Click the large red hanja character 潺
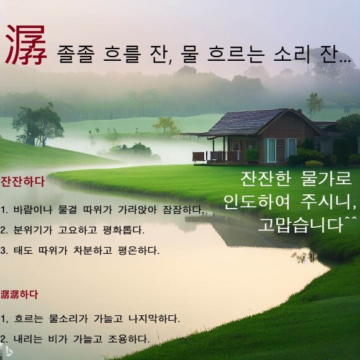[26, 45]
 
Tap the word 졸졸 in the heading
[76, 54]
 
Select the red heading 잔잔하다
[22, 182]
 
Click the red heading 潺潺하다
[19, 295]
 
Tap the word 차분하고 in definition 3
[93, 250]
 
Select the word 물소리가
[68, 318]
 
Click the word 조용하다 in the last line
[129, 339]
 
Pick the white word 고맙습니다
[301, 224]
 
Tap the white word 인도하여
[257, 201]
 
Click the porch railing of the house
[217, 156]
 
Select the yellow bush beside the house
[314, 163]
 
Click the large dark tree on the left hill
[38, 125]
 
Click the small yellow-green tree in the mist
[166, 125]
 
